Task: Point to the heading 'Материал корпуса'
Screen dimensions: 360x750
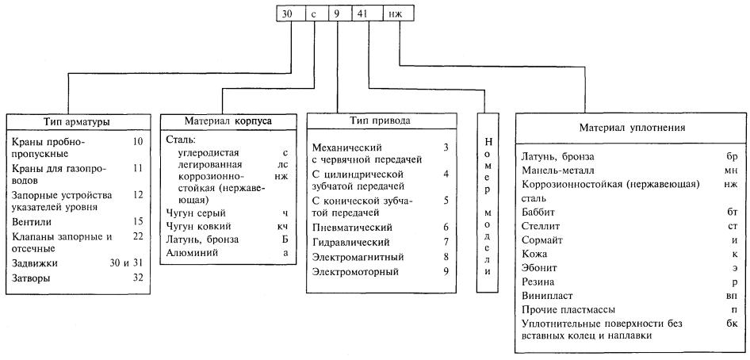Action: pos(228,122)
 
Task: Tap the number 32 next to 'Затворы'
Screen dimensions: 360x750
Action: pos(137,278)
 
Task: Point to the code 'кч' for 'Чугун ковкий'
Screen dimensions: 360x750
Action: pos(283,226)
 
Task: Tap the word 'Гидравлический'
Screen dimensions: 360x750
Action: pos(348,242)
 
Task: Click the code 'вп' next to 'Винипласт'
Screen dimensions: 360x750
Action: pos(731,294)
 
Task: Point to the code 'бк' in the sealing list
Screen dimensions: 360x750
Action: pos(731,323)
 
